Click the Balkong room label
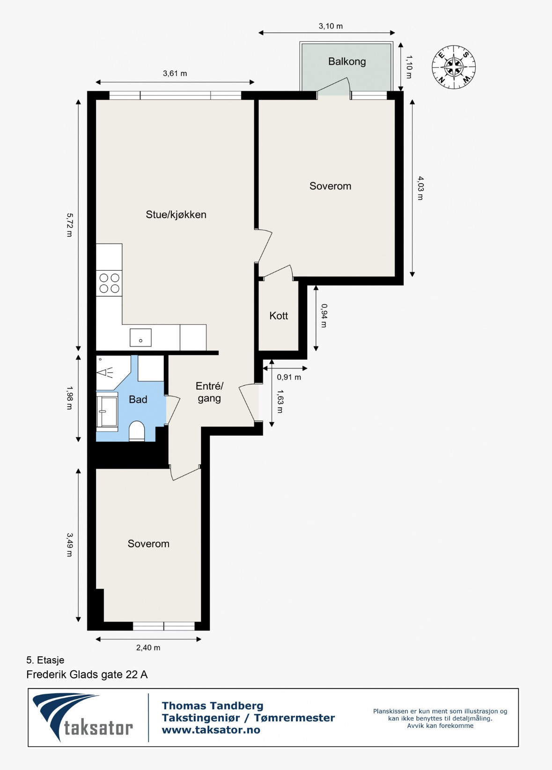pos(346,61)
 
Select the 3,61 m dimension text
pos(175,73)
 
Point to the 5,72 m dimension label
pos(70,225)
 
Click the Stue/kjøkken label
pos(176,214)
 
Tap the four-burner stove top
pos(110,283)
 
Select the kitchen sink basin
pos(140,337)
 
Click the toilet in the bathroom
pos(137,431)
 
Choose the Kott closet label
pos(279,315)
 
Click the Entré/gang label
pos(209,392)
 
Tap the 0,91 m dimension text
pos(289,377)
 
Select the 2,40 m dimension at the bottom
pos(148,648)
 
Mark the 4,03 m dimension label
pos(420,188)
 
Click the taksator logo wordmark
pos(98,728)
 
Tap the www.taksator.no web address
pos(211,730)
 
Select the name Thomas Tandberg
pos(213,706)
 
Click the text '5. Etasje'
pos(45,660)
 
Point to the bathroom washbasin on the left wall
pos(107,411)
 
